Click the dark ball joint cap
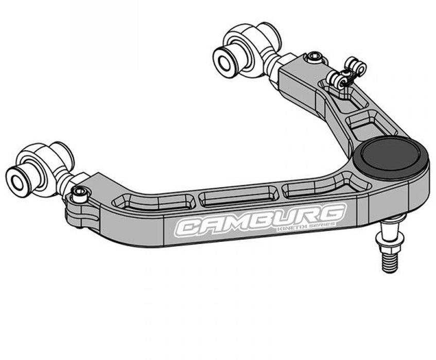click(x=394, y=156)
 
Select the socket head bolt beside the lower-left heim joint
click(x=80, y=194)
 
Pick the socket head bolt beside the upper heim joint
click(x=312, y=58)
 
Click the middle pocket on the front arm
click(x=238, y=196)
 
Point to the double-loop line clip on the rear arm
click(x=348, y=74)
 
